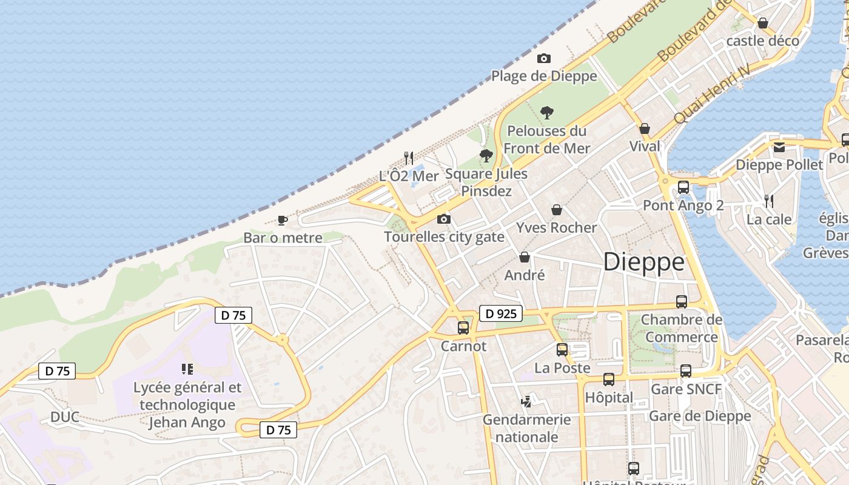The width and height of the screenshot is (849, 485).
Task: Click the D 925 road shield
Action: (501, 313)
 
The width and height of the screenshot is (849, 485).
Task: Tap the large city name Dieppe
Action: (643, 262)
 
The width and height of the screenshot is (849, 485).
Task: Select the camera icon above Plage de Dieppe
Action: (544, 59)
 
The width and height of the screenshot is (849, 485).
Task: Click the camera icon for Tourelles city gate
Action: (444, 219)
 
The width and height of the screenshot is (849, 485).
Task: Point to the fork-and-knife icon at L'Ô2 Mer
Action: (409, 158)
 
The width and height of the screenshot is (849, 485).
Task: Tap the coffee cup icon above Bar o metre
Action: (282, 220)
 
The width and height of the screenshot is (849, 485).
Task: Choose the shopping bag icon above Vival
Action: (645, 129)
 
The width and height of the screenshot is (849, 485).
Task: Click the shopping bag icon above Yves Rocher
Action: (556, 210)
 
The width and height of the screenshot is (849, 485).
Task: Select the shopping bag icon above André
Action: (525, 257)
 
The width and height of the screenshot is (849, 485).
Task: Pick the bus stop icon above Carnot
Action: (463, 328)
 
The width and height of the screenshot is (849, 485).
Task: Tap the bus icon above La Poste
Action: (562, 350)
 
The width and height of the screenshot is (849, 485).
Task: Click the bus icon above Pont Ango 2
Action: (683, 187)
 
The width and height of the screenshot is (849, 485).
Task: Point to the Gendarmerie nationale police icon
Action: (526, 401)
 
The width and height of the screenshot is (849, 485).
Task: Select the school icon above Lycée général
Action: (187, 369)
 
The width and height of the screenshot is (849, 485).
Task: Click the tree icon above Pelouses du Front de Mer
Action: (547, 113)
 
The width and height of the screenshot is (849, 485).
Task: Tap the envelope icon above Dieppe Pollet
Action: (779, 147)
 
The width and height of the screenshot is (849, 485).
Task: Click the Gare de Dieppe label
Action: (700, 416)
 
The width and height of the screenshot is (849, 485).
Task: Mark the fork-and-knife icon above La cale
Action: (768, 201)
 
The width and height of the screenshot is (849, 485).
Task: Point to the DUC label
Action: (65, 417)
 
